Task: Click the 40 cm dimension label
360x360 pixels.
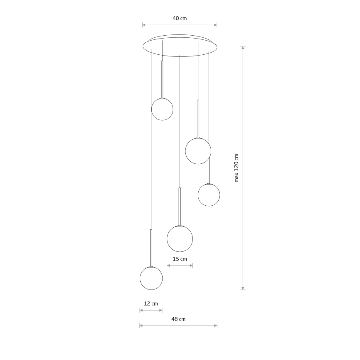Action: click(x=180, y=18)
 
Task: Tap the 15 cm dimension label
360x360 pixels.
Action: click(x=180, y=259)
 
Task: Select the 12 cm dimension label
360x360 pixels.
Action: click(x=151, y=304)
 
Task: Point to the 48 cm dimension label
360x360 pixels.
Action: click(x=178, y=319)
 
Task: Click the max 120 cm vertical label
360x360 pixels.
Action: click(x=236, y=168)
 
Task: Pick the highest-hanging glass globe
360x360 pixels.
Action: click(x=162, y=109)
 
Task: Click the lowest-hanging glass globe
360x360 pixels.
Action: click(x=151, y=278)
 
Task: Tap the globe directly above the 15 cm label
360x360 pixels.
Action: click(x=180, y=239)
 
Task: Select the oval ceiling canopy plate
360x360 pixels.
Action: click(x=180, y=46)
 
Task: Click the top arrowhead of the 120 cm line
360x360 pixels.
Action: click(x=243, y=48)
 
